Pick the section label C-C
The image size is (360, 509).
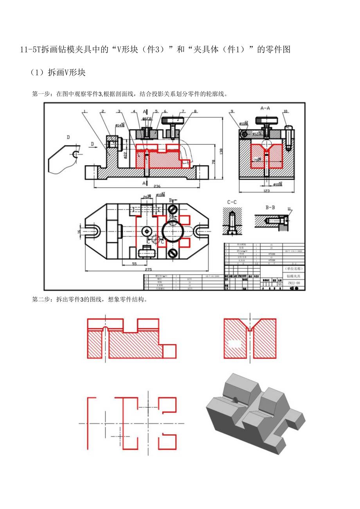click(x=232, y=203)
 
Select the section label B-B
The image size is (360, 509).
click(x=270, y=208)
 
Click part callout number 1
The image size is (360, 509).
click(x=84, y=112)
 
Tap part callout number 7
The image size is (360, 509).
click(x=183, y=111)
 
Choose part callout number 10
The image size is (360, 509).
click(x=285, y=111)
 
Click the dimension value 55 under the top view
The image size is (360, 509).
click(x=134, y=264)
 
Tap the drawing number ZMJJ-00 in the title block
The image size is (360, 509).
click(x=293, y=283)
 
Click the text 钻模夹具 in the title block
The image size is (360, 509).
click(x=293, y=276)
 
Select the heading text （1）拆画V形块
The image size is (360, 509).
click(x=58, y=72)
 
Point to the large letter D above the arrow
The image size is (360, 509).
click(x=68, y=137)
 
